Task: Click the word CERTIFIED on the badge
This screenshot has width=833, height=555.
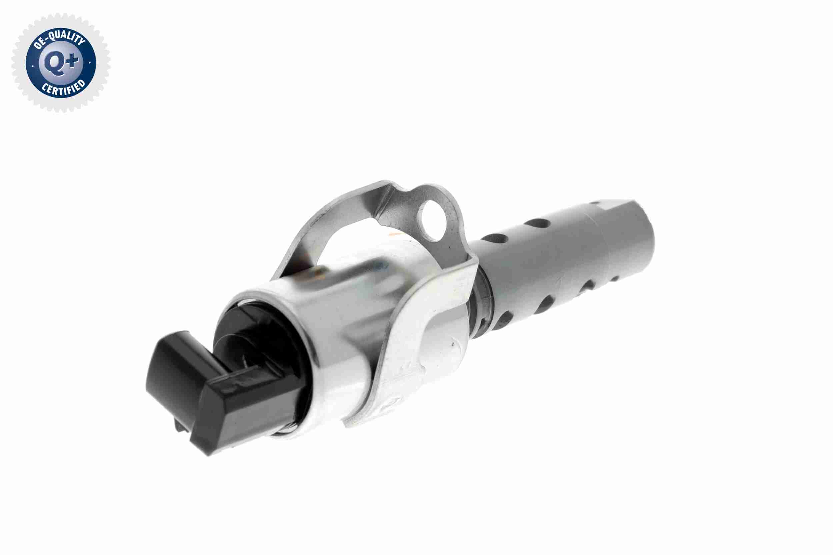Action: tap(64, 88)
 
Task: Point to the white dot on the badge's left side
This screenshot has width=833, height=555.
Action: tap(33, 66)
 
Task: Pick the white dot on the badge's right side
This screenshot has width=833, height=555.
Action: tap(90, 63)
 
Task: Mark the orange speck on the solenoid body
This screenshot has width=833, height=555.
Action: tap(392, 234)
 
